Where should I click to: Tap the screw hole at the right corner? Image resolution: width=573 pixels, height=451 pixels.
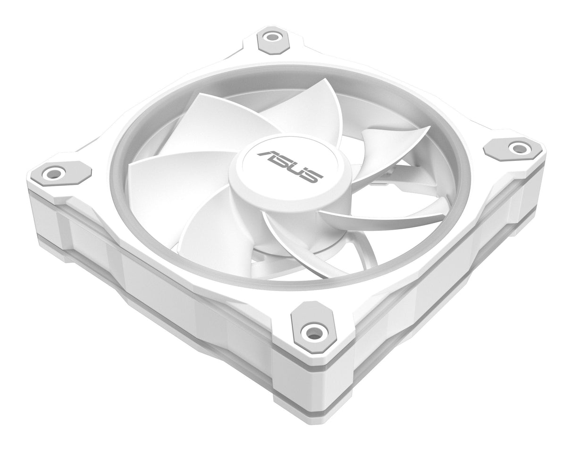515,147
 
